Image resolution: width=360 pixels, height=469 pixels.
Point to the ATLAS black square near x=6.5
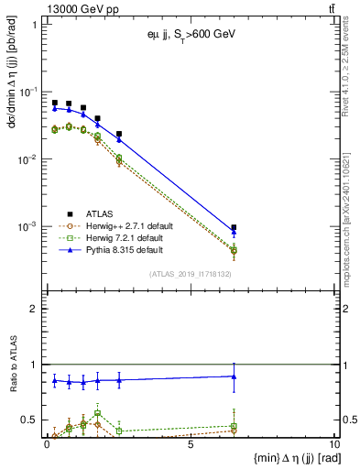point(234,227)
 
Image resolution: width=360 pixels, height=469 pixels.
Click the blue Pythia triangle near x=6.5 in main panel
point(234,233)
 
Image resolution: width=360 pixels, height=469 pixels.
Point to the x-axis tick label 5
point(190,445)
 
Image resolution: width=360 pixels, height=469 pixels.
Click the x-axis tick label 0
point(48,445)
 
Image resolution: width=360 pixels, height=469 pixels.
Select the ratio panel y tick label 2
point(33,309)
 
